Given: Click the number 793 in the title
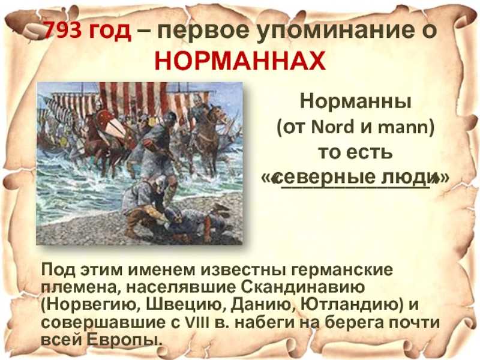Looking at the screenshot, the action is (62, 30).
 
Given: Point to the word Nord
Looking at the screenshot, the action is (332, 127).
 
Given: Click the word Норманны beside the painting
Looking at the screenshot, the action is (355, 101).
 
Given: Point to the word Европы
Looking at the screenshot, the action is (123, 340).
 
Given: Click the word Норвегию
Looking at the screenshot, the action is (91, 305).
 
